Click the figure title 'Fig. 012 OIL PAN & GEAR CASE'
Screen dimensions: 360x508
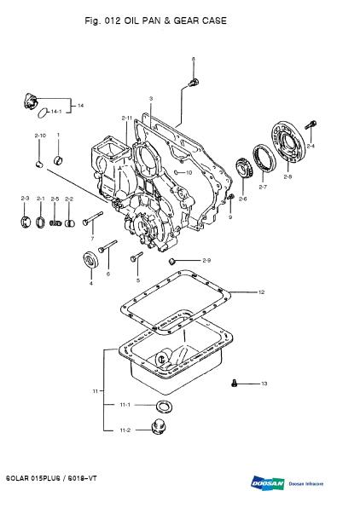pos(155,20)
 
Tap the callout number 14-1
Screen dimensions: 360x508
pos(56,112)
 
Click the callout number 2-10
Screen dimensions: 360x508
pos(40,136)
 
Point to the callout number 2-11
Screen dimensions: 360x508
pos(127,118)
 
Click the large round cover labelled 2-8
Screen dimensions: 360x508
pos(288,141)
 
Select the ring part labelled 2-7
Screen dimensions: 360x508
pos(264,158)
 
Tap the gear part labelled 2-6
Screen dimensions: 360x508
pos(242,167)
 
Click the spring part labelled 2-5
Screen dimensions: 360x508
pos(55,223)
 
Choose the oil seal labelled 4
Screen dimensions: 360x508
pos(91,260)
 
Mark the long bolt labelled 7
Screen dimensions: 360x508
pos(92,218)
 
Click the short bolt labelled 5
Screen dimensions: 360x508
pos(136,257)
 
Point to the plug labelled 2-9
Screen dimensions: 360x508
pos(171,261)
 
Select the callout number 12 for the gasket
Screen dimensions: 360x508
pos(261,292)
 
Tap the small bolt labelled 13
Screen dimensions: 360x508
pos(234,384)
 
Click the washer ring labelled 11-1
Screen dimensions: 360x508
pos(164,407)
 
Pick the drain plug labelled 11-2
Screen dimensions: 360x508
pos(159,427)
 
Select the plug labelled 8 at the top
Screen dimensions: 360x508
pos(194,83)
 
